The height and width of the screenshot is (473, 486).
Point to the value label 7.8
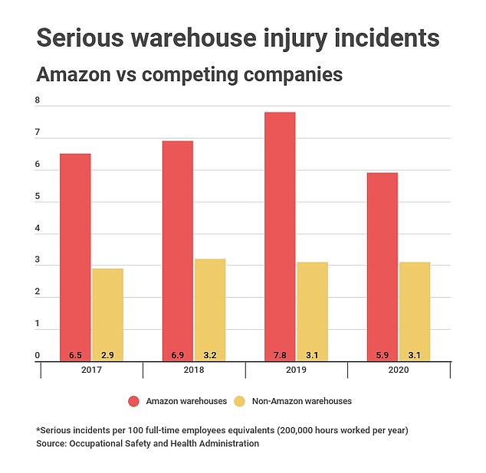point(280,355)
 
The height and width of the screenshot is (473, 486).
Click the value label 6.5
point(75,355)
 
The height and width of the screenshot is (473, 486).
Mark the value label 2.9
point(107,355)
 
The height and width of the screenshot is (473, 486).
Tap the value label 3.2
point(209,355)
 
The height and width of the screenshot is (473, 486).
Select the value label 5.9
point(382,355)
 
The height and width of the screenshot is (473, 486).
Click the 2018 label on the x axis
point(193,370)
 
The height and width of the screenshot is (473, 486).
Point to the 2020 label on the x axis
point(398,370)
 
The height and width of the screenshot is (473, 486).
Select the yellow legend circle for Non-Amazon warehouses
point(238,400)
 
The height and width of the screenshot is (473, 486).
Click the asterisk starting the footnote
point(38,429)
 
